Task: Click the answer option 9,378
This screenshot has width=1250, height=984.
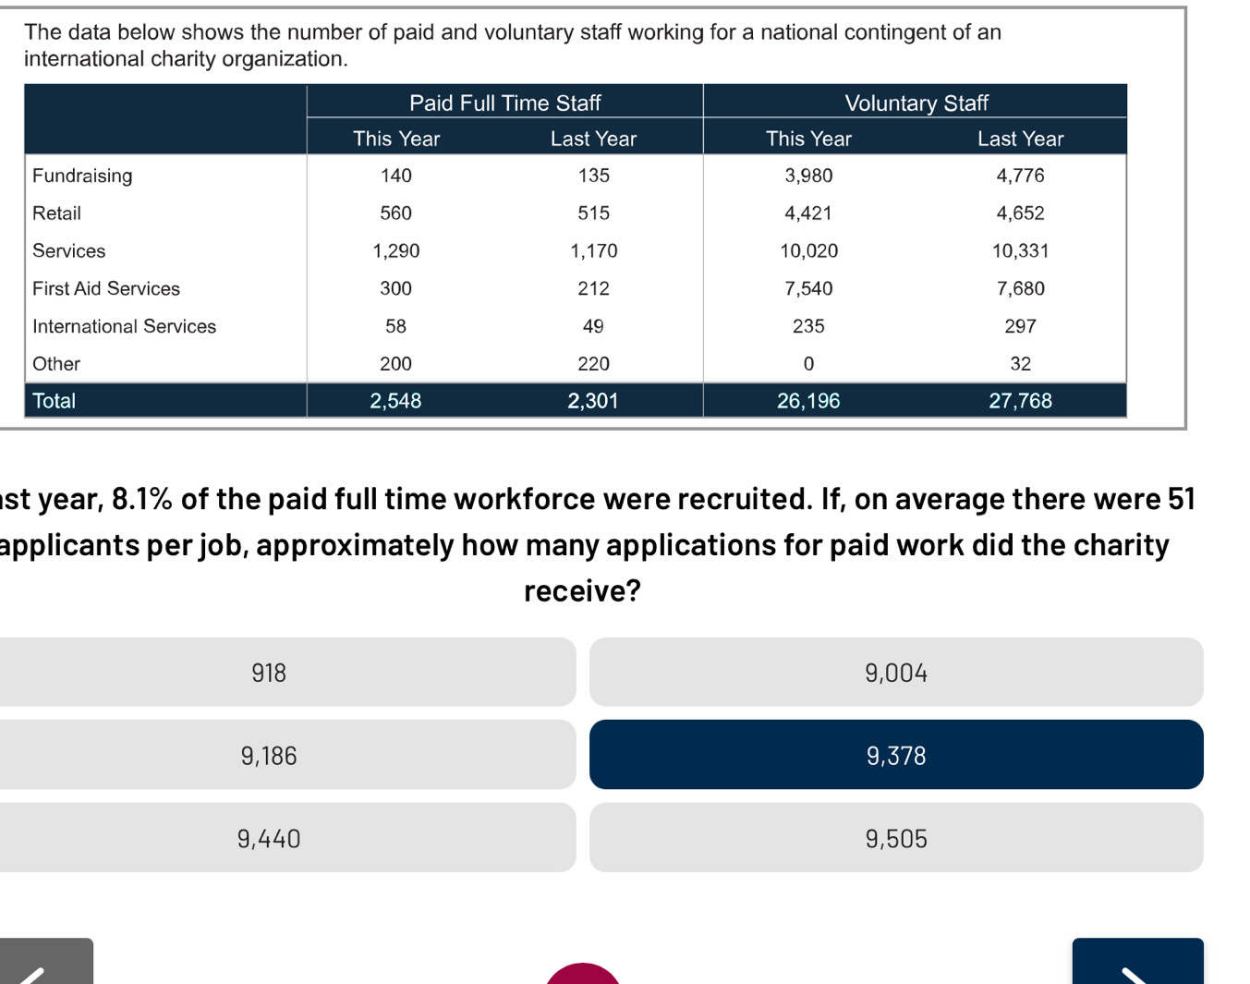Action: point(895,755)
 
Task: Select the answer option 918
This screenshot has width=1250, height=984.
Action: point(269,673)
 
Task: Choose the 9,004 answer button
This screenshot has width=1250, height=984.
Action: point(895,673)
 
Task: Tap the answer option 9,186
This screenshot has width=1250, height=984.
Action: point(269,756)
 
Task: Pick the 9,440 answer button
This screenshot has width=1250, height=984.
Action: point(269,839)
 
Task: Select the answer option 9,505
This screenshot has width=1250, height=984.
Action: point(895,839)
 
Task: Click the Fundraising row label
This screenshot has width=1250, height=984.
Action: point(82,176)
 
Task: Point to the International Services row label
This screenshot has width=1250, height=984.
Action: point(124,326)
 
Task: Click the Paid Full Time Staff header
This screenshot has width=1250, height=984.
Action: point(504,103)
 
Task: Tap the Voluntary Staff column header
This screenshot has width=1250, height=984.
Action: point(916,103)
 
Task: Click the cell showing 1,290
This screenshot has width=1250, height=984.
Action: point(395,251)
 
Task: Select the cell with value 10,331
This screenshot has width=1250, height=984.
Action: point(1020,251)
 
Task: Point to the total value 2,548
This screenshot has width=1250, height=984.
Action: point(395,401)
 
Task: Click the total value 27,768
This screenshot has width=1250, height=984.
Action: point(1020,401)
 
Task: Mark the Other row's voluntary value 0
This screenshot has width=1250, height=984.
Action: point(808,364)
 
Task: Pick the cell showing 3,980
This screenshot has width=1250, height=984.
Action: point(808,176)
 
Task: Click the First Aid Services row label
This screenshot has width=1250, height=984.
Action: point(106,288)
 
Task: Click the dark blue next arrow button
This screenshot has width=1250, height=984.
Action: point(1137,963)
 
